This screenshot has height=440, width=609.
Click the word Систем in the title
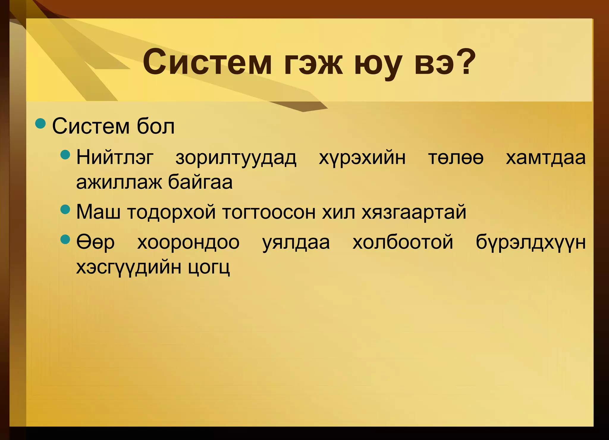[x=207, y=63]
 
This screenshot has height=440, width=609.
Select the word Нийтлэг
[x=115, y=158]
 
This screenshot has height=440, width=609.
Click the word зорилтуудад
[x=236, y=158]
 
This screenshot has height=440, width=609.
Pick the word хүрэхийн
[x=362, y=158]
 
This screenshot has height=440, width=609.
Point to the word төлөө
[x=456, y=158]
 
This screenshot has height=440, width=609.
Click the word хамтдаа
[x=546, y=158]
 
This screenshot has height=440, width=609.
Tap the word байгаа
[x=200, y=182]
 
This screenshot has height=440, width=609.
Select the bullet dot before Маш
[x=65, y=209]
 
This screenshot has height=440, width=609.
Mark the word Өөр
[x=95, y=242]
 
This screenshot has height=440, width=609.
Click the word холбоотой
[x=403, y=242]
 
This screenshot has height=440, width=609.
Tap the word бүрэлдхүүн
[x=530, y=243]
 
